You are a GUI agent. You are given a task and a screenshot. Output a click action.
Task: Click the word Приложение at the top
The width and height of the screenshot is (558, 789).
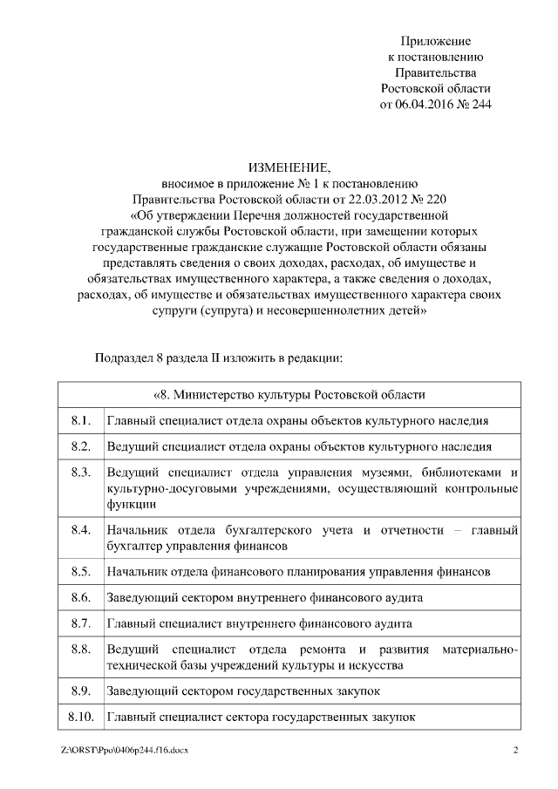436,41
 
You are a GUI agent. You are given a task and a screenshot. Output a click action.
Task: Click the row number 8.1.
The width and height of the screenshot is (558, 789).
81,421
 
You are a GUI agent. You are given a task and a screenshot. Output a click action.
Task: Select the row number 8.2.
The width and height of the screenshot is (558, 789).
81,446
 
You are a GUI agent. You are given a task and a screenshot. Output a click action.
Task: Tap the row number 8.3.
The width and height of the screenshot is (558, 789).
81,473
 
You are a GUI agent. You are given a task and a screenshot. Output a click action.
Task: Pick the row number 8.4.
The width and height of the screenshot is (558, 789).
81,530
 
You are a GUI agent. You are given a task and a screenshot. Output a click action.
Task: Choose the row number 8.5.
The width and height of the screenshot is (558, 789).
81,572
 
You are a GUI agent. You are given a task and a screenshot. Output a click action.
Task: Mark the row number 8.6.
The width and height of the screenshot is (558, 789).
81,598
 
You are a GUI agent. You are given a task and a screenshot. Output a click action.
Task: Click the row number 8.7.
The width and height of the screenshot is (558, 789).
81,624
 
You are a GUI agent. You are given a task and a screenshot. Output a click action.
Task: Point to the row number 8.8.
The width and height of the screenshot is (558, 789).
81,650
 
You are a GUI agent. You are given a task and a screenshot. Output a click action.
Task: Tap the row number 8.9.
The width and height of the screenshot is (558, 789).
81,691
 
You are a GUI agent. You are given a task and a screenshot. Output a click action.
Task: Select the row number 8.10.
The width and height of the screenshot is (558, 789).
81,718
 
